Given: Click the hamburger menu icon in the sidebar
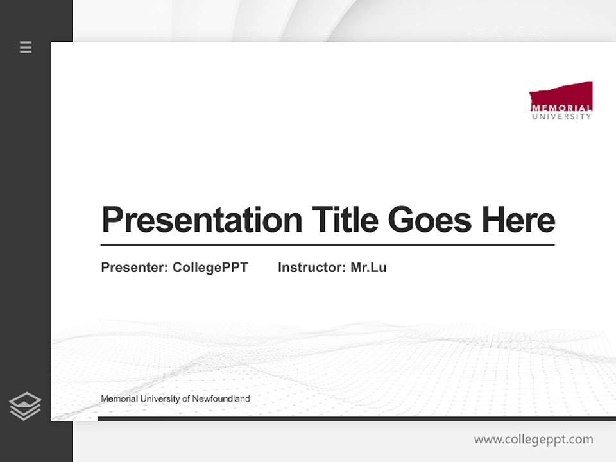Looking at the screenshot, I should coord(26,47).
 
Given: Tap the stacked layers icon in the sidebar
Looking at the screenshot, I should coord(25,406).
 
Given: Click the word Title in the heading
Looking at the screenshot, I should coord(345,219).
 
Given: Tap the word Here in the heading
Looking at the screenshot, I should coord(518,219).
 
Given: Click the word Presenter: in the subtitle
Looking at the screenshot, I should coord(135,268).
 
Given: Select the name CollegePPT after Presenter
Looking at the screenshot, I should coord(210,268).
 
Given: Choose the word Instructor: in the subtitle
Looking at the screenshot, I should coord(312,268).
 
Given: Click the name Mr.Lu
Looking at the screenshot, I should coord(368,268).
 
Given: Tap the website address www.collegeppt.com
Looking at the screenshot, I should coord(533,440).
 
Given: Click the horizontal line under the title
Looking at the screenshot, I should coord(327,245).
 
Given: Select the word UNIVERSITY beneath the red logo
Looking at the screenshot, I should coord(561,117).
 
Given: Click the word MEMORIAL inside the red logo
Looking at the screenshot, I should coord(561,108).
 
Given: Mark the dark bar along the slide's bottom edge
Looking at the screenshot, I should coord(356,418).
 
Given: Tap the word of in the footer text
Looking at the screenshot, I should coord(187,399).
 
